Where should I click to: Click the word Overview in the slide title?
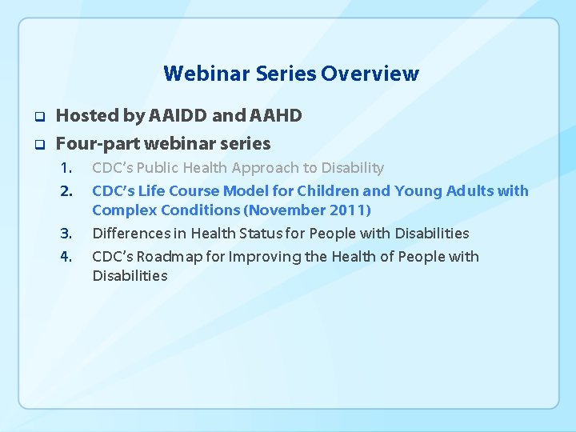click(370, 74)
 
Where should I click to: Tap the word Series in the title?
click(286, 74)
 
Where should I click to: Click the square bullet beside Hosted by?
click(37, 117)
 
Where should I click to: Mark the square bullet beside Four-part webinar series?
click(37, 145)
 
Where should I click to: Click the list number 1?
click(67, 168)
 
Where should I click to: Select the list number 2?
click(67, 191)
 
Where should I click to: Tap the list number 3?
click(67, 234)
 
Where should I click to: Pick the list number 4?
click(67, 257)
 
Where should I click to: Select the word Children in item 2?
click(329, 190)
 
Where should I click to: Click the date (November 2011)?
click(308, 210)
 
